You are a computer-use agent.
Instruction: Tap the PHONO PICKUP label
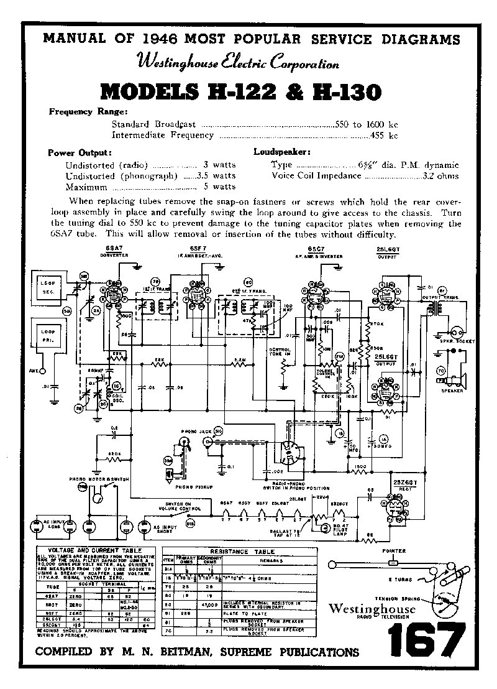point(193,488)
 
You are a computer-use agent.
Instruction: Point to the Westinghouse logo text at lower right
point(372,608)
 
